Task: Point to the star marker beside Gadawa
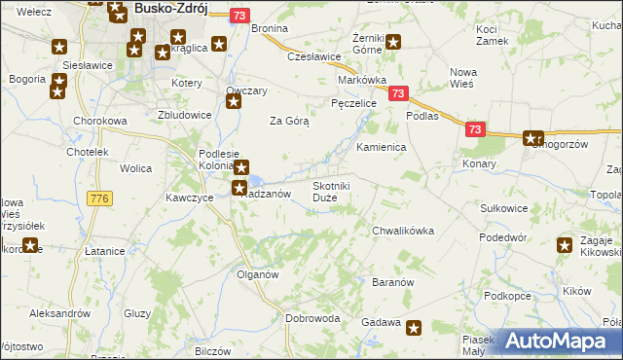[415, 329]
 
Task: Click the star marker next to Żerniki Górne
[394, 42]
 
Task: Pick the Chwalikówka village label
[402, 231]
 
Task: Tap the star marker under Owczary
[234, 101]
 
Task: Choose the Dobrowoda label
[312, 318]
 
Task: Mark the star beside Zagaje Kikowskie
[564, 246]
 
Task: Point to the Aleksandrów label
[59, 313]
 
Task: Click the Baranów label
[394, 282]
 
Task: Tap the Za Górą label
[289, 122]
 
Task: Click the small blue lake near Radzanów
[255, 180]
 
